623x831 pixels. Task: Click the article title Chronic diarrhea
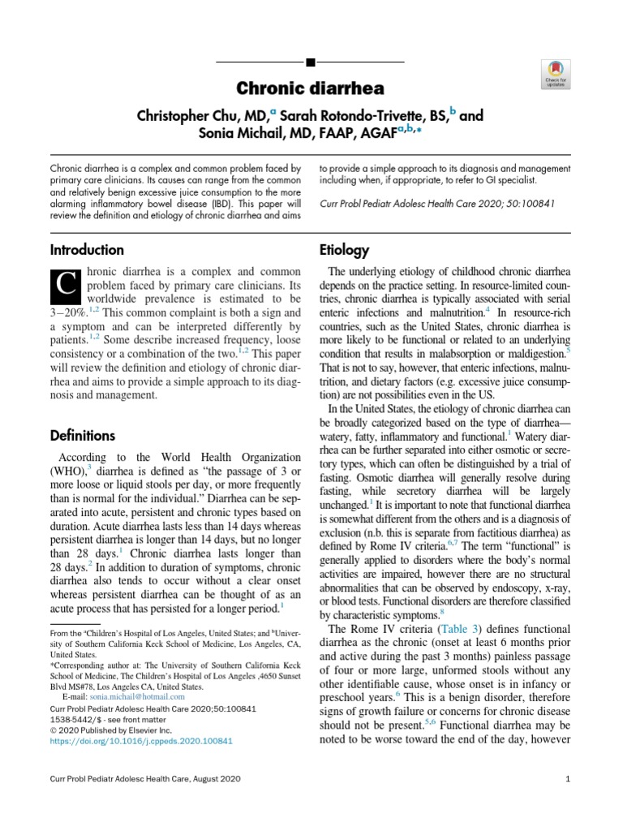[x=311, y=88]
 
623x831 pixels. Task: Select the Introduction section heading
[x=87, y=250]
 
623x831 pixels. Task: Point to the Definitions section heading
[x=83, y=435]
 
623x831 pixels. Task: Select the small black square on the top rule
[x=311, y=62]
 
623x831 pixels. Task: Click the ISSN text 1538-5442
[x=75, y=719]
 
